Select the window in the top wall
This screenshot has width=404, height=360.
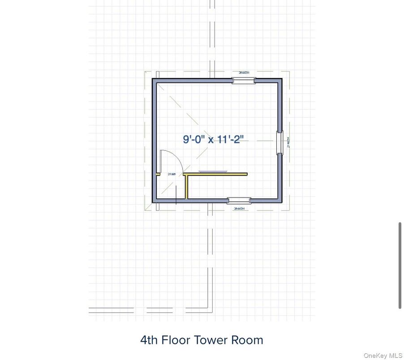click(243, 81)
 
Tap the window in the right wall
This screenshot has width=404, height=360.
click(279, 143)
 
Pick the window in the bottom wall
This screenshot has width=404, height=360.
click(239, 200)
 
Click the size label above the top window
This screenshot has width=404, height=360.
click(243, 73)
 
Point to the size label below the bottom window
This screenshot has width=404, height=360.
click(239, 208)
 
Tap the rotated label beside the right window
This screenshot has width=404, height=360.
click(288, 143)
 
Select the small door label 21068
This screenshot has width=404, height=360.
click(171, 174)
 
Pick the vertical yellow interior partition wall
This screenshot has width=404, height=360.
click(186, 187)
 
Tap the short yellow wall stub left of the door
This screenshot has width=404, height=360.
click(157, 174)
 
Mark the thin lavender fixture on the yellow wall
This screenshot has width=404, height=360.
click(213, 171)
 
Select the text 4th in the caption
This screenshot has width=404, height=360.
click(149, 340)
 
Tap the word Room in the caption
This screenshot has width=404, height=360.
click(247, 340)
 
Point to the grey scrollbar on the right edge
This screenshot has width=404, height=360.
click(400, 265)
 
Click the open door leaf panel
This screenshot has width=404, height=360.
click(161, 162)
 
